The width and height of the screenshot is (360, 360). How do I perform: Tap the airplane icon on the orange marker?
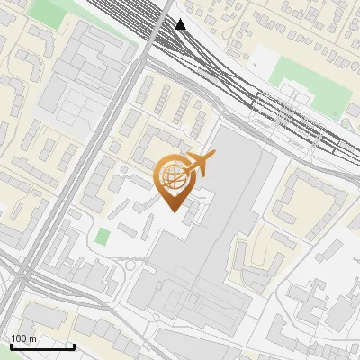tap(198, 165)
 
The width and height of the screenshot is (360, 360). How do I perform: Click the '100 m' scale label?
tap(23, 339)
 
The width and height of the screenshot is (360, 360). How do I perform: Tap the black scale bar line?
tap(41, 346)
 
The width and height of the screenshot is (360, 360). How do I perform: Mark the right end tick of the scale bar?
tap(74, 345)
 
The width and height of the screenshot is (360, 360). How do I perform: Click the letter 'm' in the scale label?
tap(32, 339)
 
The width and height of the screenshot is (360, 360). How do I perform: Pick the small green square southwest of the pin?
tap(103, 237)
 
